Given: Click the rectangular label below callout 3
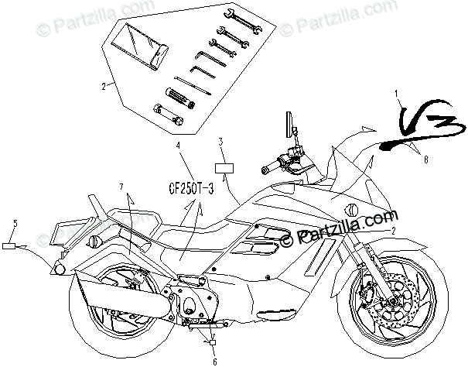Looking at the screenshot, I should pos(224,166).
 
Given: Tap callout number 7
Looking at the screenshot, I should pos(121,186).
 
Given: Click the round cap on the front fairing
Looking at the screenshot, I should pos(350,208).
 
